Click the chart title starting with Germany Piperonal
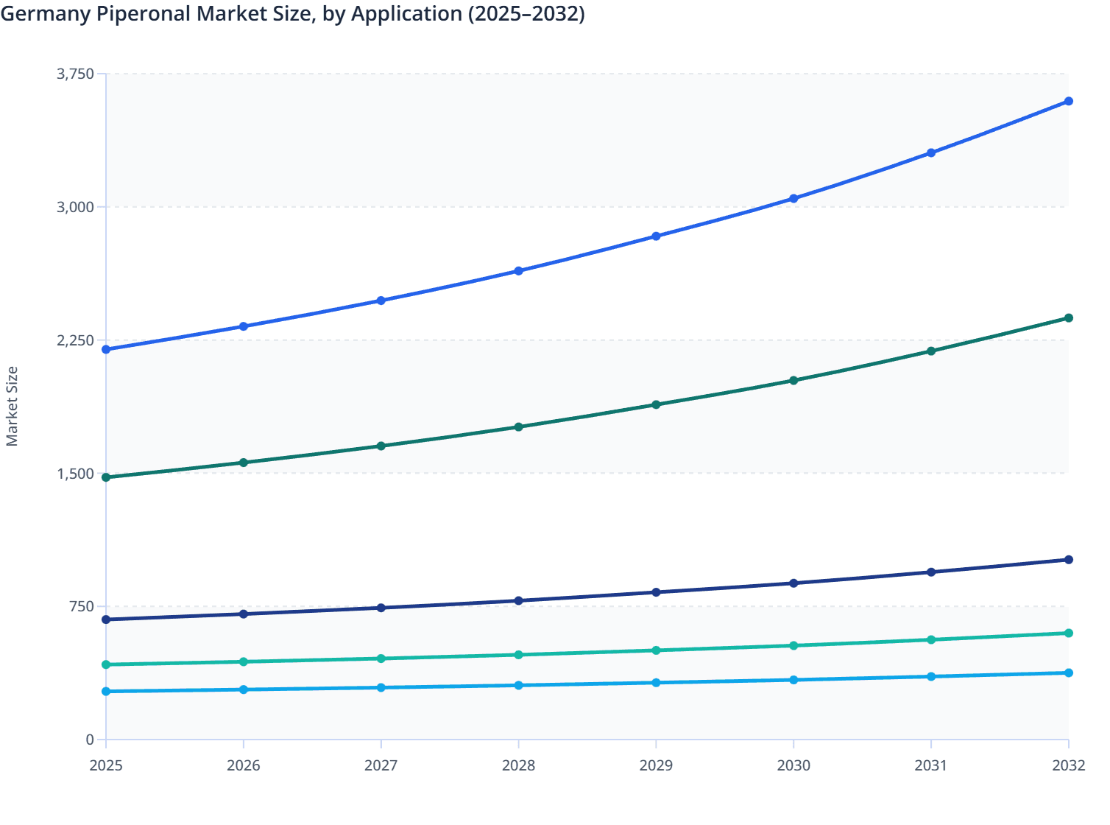click(x=292, y=14)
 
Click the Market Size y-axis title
click(x=12, y=407)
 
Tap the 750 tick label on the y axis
click(x=82, y=606)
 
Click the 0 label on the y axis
click(x=90, y=740)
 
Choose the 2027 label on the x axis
click(x=381, y=765)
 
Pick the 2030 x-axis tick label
click(x=793, y=765)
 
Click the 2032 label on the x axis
click(x=1069, y=765)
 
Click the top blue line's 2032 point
click(x=1069, y=101)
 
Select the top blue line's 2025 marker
click(x=106, y=349)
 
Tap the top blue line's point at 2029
click(x=656, y=236)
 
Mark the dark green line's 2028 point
click(x=518, y=426)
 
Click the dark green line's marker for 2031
click(x=931, y=351)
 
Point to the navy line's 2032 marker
click(x=1069, y=560)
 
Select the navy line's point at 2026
click(x=244, y=614)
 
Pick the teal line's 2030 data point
click(x=793, y=645)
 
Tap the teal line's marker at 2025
click(x=106, y=664)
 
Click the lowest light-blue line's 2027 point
click(x=381, y=687)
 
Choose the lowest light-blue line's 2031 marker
click(x=931, y=676)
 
